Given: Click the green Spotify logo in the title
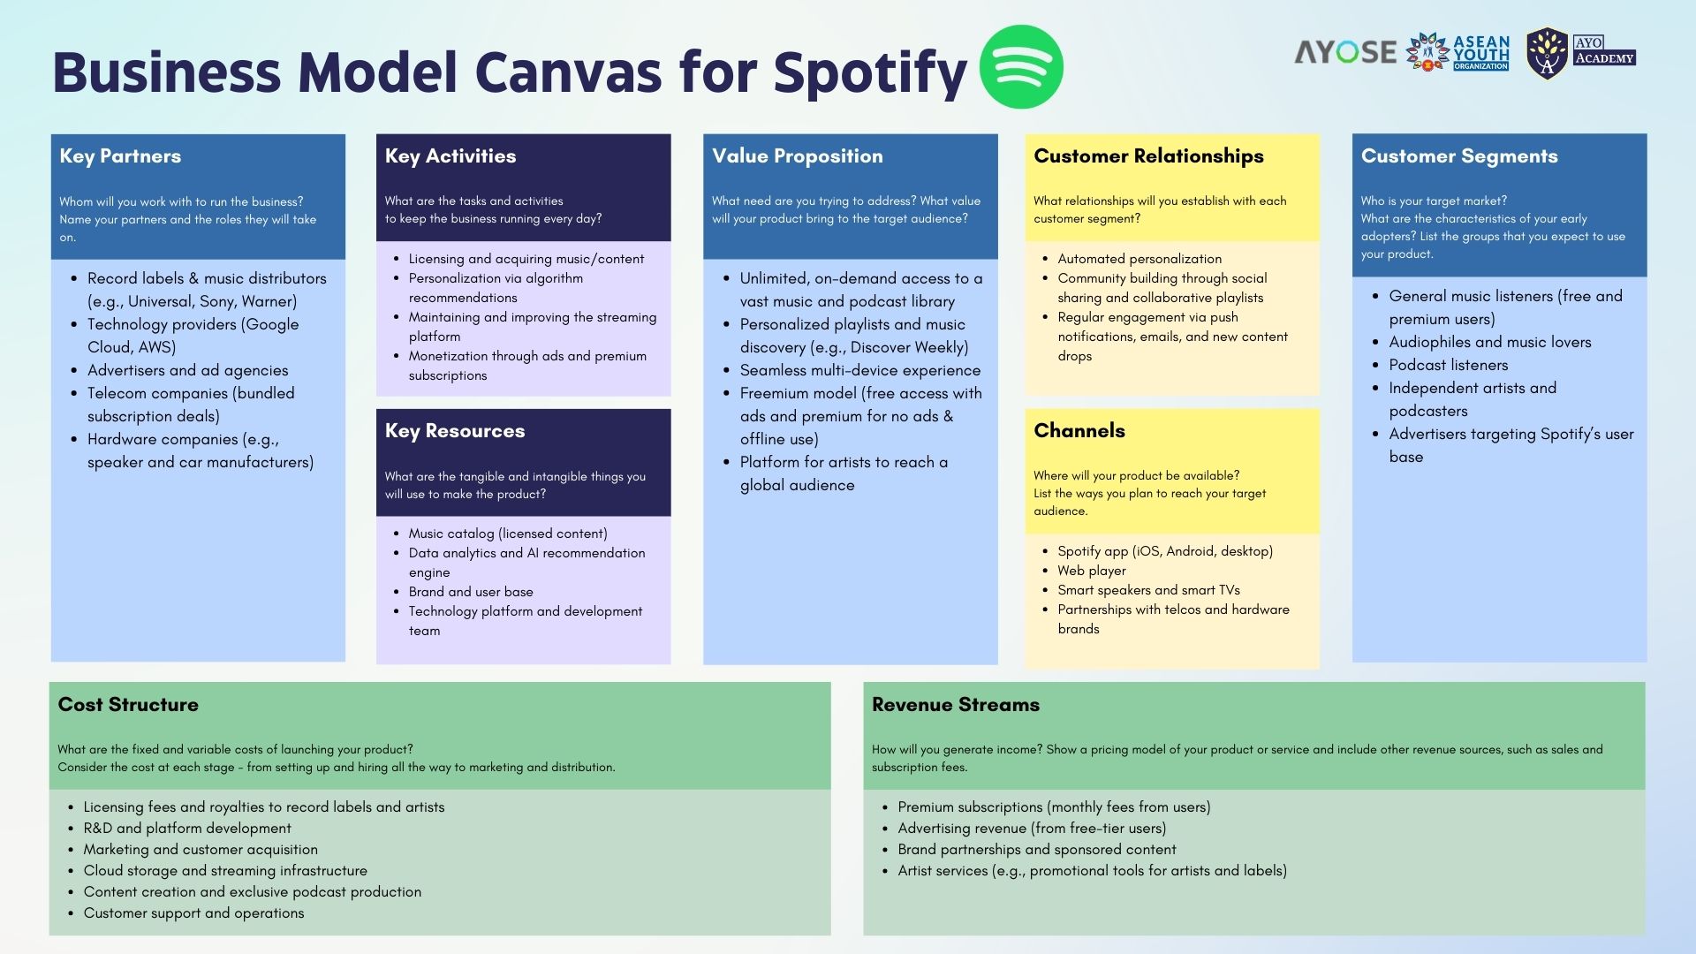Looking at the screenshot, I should [1021, 67].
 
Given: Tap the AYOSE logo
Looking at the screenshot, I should [1344, 52].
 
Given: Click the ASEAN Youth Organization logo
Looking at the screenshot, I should [1458, 53].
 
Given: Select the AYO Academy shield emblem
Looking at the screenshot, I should [1547, 54].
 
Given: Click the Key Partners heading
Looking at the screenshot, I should [120, 156].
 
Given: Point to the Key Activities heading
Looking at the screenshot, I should [450, 156].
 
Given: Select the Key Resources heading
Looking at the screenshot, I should [455, 431].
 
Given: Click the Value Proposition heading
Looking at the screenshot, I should [798, 156].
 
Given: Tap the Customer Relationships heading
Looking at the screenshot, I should [1148, 156].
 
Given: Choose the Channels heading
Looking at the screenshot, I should [1079, 431].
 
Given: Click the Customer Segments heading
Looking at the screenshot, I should [1459, 156].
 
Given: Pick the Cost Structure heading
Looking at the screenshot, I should [128, 705].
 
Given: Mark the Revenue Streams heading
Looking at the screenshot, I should [956, 705].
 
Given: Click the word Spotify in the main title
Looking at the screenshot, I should [870, 72].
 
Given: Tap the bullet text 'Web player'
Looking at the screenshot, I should [1092, 571].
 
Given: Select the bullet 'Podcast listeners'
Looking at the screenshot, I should [1448, 365].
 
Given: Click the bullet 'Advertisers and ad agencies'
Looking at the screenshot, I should [187, 370].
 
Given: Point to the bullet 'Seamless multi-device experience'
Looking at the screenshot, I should [860, 370].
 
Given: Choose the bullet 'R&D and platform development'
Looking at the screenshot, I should [187, 829].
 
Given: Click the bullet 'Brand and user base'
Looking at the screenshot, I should [471, 592].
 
